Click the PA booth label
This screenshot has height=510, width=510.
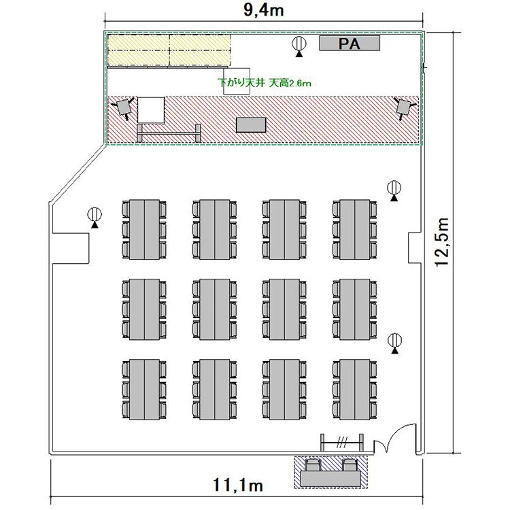pos(350,44)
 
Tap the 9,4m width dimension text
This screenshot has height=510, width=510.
pos(264,10)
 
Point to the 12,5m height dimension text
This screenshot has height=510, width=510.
pos(443,243)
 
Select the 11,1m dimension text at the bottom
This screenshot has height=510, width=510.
pos(238,486)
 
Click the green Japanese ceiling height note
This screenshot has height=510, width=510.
pos(265,83)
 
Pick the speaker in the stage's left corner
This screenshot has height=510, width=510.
pos(123,107)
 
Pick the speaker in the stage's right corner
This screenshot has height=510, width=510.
pos(405,107)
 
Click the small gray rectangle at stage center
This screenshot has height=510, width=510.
pos(251,125)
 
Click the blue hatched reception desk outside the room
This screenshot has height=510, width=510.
pos(331,472)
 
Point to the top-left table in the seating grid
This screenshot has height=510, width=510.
pos(144,230)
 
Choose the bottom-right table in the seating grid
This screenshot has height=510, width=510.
pos(355,390)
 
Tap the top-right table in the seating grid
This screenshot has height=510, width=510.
pos(355,230)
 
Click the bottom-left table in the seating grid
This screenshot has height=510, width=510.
pos(144,390)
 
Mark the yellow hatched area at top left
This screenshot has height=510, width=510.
pos(169,50)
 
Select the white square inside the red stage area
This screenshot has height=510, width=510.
pos(150,110)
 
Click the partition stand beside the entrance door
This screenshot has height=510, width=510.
pos(342,443)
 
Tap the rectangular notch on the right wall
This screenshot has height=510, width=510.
pos(415,248)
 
